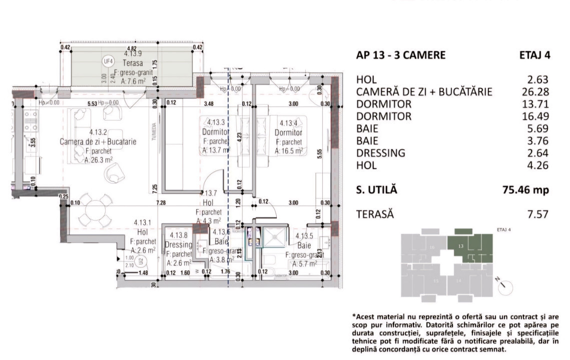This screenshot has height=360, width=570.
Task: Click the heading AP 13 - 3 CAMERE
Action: tap(400, 55)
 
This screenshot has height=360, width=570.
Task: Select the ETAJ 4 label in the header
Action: tap(534, 55)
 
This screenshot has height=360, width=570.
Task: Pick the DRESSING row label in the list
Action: tap(380, 153)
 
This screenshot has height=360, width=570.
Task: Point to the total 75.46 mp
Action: tap(525, 190)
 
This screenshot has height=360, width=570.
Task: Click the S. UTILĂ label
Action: tap(376, 190)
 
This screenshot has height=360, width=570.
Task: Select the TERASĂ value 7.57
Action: tap(538, 214)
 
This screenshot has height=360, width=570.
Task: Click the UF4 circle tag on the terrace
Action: tap(107, 61)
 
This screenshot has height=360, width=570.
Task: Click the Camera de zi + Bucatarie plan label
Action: tap(98, 141)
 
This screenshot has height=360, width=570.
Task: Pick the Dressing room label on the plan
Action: tap(178, 244)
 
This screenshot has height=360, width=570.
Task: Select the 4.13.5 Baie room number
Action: tap(304, 236)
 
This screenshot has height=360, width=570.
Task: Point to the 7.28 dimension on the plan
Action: tap(160, 202)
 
